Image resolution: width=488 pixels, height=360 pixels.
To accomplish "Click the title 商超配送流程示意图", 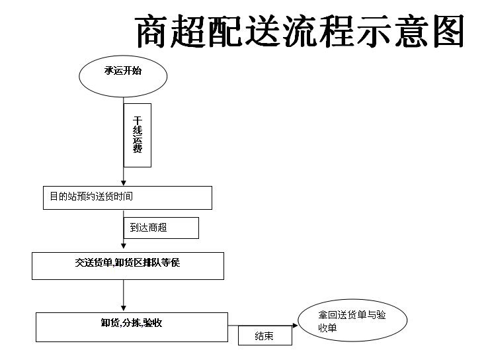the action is click(300, 31).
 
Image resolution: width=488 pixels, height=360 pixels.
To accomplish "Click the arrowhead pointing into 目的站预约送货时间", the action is click(124, 183).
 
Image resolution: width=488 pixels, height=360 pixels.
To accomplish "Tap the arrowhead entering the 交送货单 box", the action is click(124, 246).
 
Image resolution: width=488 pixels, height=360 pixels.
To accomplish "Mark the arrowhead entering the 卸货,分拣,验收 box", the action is click(124, 308).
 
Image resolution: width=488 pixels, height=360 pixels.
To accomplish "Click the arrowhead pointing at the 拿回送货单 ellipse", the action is click(295, 326).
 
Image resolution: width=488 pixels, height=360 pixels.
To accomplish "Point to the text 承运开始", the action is click(123, 71).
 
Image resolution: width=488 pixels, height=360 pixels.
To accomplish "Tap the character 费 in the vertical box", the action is click(138, 148).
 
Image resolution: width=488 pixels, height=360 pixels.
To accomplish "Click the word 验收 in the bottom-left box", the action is click(153, 323).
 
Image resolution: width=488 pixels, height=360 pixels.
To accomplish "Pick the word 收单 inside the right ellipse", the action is click(327, 328).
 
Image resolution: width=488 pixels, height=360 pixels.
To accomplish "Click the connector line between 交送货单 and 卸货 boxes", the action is click(124, 292).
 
